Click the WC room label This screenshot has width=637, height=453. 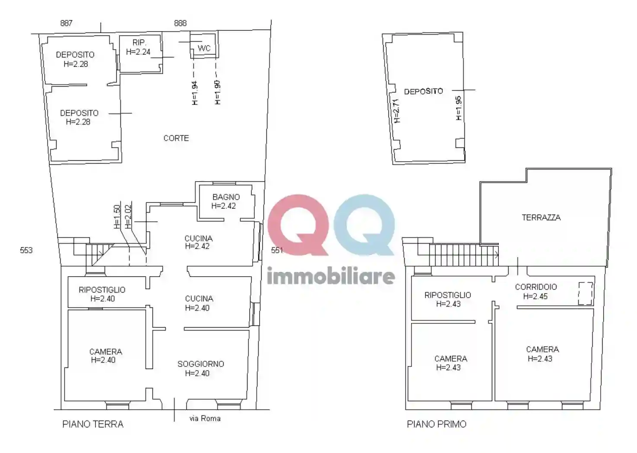[204, 48]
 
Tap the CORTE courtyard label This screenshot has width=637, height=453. [176, 138]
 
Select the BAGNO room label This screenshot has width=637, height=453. [226, 197]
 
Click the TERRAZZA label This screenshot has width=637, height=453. [541, 217]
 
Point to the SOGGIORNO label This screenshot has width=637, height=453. [201, 364]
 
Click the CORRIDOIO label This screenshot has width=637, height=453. [536, 287]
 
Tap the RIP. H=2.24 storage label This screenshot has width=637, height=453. [139, 47]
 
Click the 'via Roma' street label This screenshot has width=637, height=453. [205, 418]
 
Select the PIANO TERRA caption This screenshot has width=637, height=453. [93, 425]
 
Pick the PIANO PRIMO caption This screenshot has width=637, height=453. [437, 425]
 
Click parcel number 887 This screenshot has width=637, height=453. [66, 23]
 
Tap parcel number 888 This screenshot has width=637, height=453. [180, 23]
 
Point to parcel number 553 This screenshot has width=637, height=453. [26, 250]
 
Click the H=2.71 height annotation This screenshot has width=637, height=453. [396, 111]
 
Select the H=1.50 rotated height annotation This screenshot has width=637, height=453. [117, 217]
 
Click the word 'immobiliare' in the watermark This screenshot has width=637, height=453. [331, 276]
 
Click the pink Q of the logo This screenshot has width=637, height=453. [298, 225]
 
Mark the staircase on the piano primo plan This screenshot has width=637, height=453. [464, 255]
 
